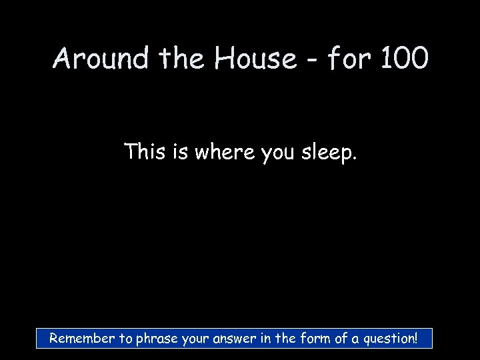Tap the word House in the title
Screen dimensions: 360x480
[255, 59]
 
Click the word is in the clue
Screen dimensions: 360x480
[179, 153]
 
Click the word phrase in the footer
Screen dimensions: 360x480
[158, 339]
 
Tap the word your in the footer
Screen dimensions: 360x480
[196, 339]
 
